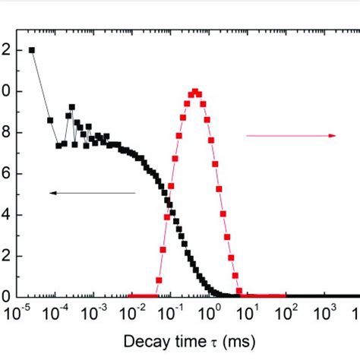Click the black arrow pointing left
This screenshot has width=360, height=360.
pyautogui.click(x=92, y=193)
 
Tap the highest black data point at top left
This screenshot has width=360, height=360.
pyautogui.click(x=31, y=50)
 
